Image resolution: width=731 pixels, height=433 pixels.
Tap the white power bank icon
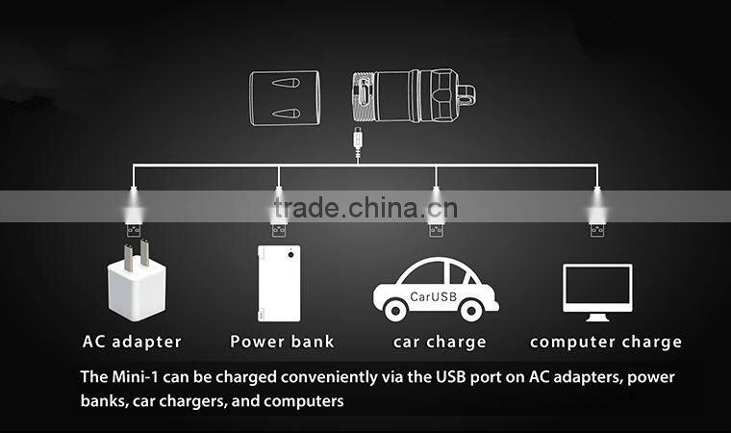coord(278,284)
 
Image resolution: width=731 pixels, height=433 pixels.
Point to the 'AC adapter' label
coord(132,342)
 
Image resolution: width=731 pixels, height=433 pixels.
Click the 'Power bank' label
coord(282,342)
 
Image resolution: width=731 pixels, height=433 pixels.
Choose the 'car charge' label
coord(440,342)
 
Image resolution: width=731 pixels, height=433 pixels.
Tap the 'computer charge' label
coord(606,342)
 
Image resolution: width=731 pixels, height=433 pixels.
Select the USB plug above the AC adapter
coord(134,229)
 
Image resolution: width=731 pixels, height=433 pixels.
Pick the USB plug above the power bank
coord(279,229)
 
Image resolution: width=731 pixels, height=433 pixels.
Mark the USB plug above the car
coord(436,229)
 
